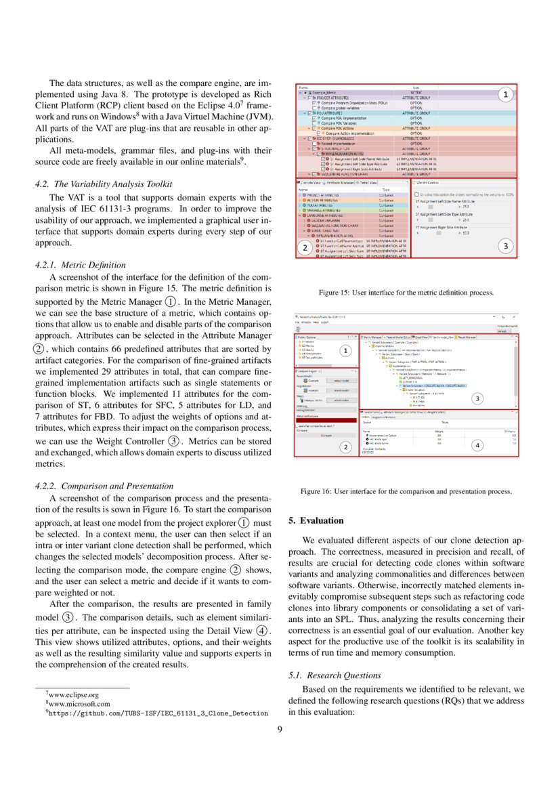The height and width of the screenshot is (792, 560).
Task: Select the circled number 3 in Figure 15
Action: [505, 247]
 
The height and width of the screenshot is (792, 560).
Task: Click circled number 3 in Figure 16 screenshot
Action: [477, 398]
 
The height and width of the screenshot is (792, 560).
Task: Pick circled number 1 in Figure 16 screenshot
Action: [345, 351]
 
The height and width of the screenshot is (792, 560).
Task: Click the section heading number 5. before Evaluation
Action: [292, 520]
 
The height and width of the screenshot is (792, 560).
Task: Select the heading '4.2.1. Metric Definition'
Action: [79, 264]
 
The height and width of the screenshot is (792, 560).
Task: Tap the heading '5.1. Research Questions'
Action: [334, 675]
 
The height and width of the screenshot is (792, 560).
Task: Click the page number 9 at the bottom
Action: [280, 729]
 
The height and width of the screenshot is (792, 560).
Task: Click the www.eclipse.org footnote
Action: [74, 694]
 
